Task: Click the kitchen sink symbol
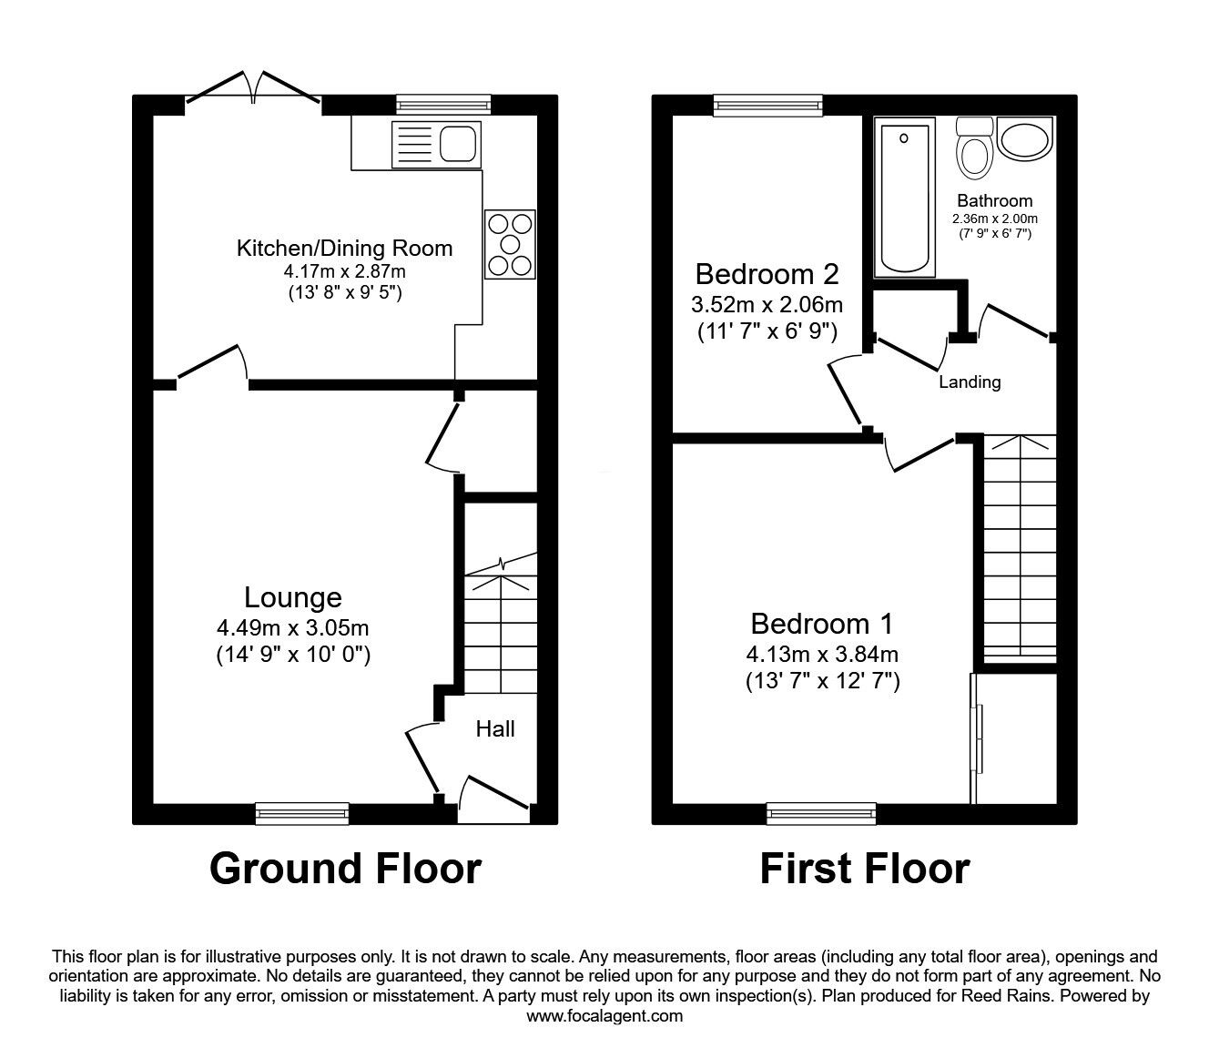click(x=435, y=144)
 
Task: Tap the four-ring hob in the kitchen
click(x=510, y=243)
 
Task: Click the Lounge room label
click(x=293, y=597)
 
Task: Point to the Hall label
click(x=495, y=728)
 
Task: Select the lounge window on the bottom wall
click(x=302, y=813)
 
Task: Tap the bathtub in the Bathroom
click(x=904, y=198)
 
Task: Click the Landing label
click(x=970, y=382)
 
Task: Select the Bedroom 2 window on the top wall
click(x=767, y=106)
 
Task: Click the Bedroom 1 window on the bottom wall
click(x=821, y=813)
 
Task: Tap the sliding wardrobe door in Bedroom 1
click(x=976, y=738)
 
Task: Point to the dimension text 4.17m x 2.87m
click(x=344, y=270)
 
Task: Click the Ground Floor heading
click(x=345, y=869)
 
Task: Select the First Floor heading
click(x=864, y=869)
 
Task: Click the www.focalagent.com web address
click(x=604, y=1016)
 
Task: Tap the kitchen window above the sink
click(x=443, y=106)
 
